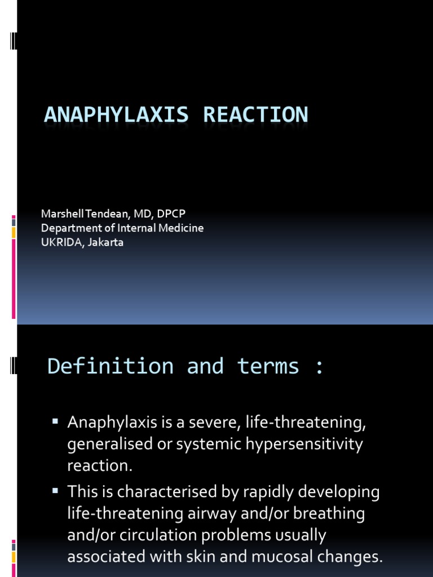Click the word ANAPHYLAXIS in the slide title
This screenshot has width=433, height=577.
coord(117,114)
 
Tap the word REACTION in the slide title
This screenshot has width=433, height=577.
coord(256,114)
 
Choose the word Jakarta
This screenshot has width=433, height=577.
coord(105,242)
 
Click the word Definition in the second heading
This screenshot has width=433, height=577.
coord(111,366)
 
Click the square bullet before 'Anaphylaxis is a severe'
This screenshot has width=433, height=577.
coord(55,421)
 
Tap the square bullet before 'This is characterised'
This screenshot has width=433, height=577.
coord(55,491)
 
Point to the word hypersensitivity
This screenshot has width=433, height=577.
coord(294,445)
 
